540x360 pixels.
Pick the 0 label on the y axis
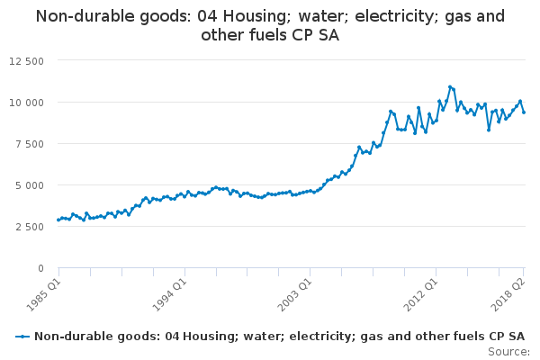pos(40,268)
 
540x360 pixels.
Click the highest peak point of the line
pos(450,87)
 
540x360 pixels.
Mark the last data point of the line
pos(524,112)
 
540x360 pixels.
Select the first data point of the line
pos(58,220)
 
